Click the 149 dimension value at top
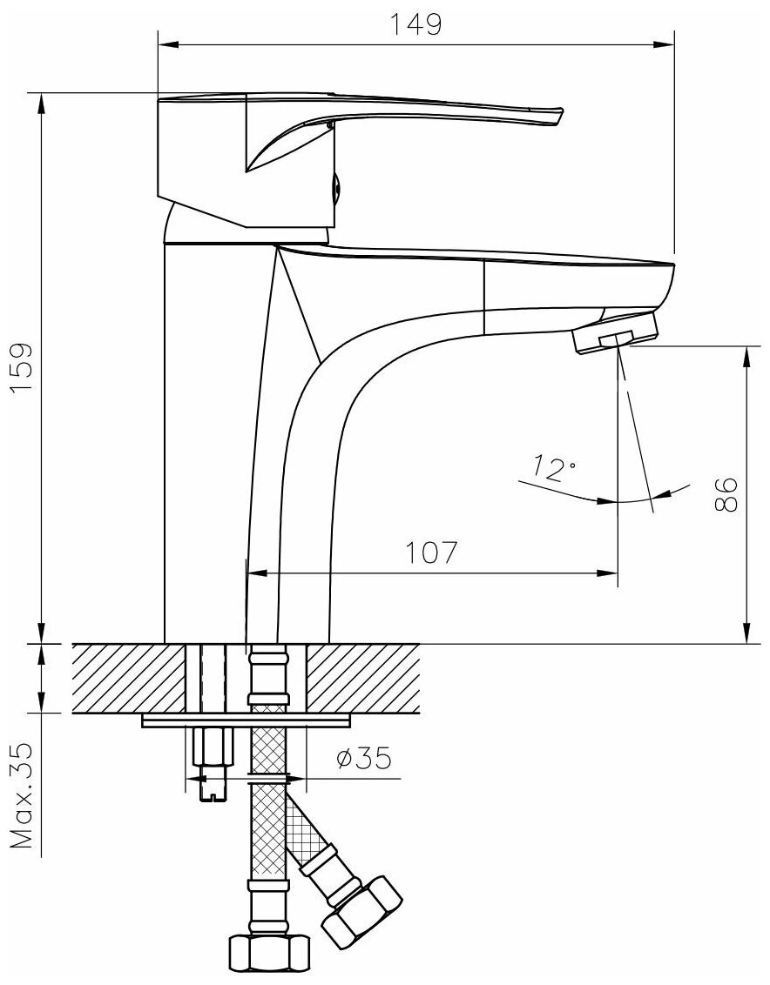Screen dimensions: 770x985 pos(416,26)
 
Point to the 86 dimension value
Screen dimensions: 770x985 pos(726,494)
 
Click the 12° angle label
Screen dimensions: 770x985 pos(555,470)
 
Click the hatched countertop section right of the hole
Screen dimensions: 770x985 pos(364,677)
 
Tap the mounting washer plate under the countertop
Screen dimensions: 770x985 pos(246,720)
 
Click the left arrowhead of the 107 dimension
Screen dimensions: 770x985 pos(255,573)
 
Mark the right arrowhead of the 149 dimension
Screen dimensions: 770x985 pos(668,41)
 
